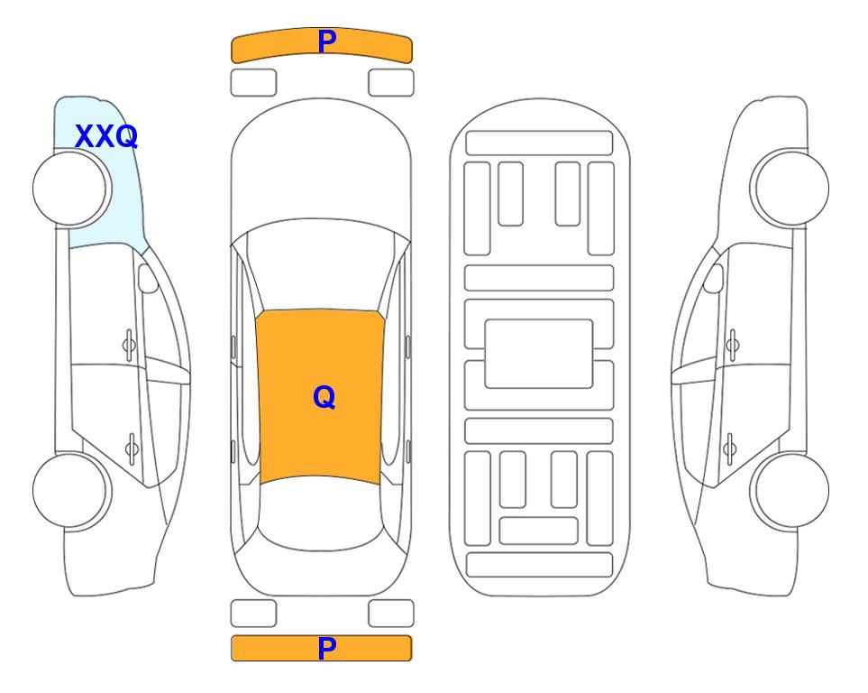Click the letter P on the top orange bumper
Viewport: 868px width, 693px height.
point(327,42)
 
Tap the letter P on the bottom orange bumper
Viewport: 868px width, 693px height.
point(327,648)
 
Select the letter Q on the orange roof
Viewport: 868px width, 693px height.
point(324,398)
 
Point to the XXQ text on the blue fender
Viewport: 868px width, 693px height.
point(106,136)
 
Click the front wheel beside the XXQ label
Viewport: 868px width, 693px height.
point(72,189)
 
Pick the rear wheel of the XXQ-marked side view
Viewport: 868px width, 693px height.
point(72,490)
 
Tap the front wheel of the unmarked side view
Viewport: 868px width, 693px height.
point(790,188)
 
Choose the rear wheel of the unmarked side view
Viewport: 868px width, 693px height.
point(790,490)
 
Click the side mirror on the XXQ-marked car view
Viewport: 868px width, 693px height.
point(147,278)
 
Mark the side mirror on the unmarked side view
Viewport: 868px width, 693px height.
point(714,278)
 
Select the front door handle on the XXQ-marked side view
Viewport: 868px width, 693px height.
point(129,346)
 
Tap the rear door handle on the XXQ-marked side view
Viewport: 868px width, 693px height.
point(132,448)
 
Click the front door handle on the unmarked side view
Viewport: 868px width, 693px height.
point(733,346)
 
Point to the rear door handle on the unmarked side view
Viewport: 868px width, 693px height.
point(729,448)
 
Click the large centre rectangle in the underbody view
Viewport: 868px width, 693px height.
point(539,354)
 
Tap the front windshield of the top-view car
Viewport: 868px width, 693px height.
point(321,265)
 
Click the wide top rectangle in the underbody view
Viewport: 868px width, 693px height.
point(539,143)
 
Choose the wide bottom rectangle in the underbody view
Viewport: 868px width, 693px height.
point(540,565)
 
